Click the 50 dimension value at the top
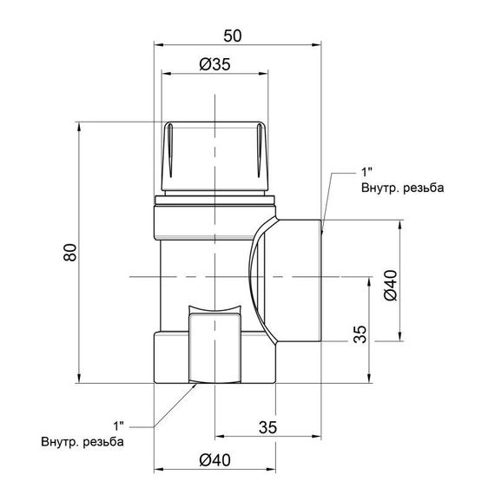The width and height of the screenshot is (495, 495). tap(233, 36)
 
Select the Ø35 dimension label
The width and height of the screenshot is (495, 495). tap(214, 64)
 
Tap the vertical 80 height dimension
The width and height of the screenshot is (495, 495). tap(69, 252)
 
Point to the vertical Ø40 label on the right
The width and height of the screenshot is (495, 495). tap(391, 286)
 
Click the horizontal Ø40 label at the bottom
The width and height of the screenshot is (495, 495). tap(214, 460)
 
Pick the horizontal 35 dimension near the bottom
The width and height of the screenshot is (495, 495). tap(267, 427)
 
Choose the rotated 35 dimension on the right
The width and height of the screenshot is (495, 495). tap(360, 334)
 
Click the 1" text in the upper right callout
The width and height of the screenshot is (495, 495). tap(366, 172)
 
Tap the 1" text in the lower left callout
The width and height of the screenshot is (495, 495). tap(119, 426)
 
